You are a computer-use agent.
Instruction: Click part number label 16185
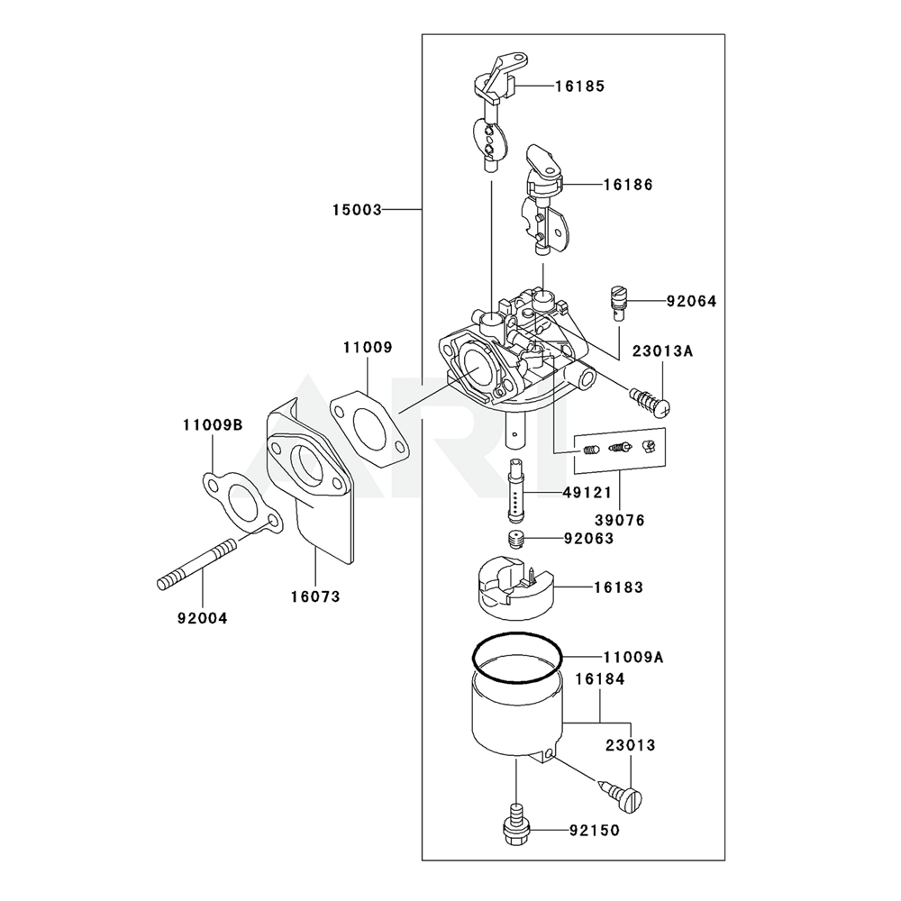coord(579,86)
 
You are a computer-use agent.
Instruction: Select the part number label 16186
coord(628,185)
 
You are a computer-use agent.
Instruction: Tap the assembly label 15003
coord(357,210)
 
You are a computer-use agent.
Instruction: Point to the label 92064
coord(692,302)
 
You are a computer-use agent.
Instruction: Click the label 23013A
coord(661,351)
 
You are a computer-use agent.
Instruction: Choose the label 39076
coord(620,520)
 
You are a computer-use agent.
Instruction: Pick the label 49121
coord(587,493)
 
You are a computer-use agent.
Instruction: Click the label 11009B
coord(213,423)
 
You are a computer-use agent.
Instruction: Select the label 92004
coord(202,618)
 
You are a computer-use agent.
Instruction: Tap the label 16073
coord(315,596)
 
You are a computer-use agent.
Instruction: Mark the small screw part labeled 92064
coord(616,301)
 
